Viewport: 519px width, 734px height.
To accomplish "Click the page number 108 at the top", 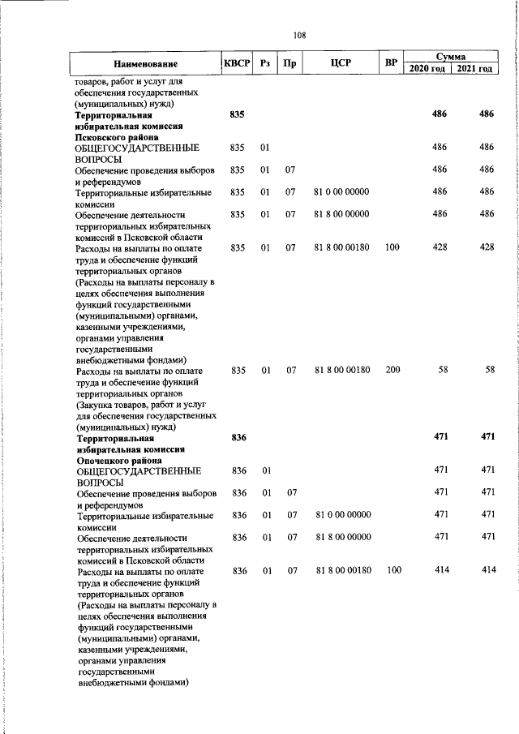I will point(299,35).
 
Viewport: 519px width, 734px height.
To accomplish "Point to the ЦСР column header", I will point(341,63).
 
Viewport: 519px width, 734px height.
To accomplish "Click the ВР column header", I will point(392,63).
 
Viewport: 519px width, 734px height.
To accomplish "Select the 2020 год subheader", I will point(427,69).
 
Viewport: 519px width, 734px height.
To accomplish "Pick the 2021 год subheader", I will point(474,69).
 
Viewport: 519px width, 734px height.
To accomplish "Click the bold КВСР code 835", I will point(237,114).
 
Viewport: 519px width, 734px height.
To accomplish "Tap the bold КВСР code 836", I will point(238,437).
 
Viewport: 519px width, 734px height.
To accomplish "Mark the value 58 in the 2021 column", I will point(489,370).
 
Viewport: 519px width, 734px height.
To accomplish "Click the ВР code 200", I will point(392,370).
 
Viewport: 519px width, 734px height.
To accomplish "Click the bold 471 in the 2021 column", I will point(487,437).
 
